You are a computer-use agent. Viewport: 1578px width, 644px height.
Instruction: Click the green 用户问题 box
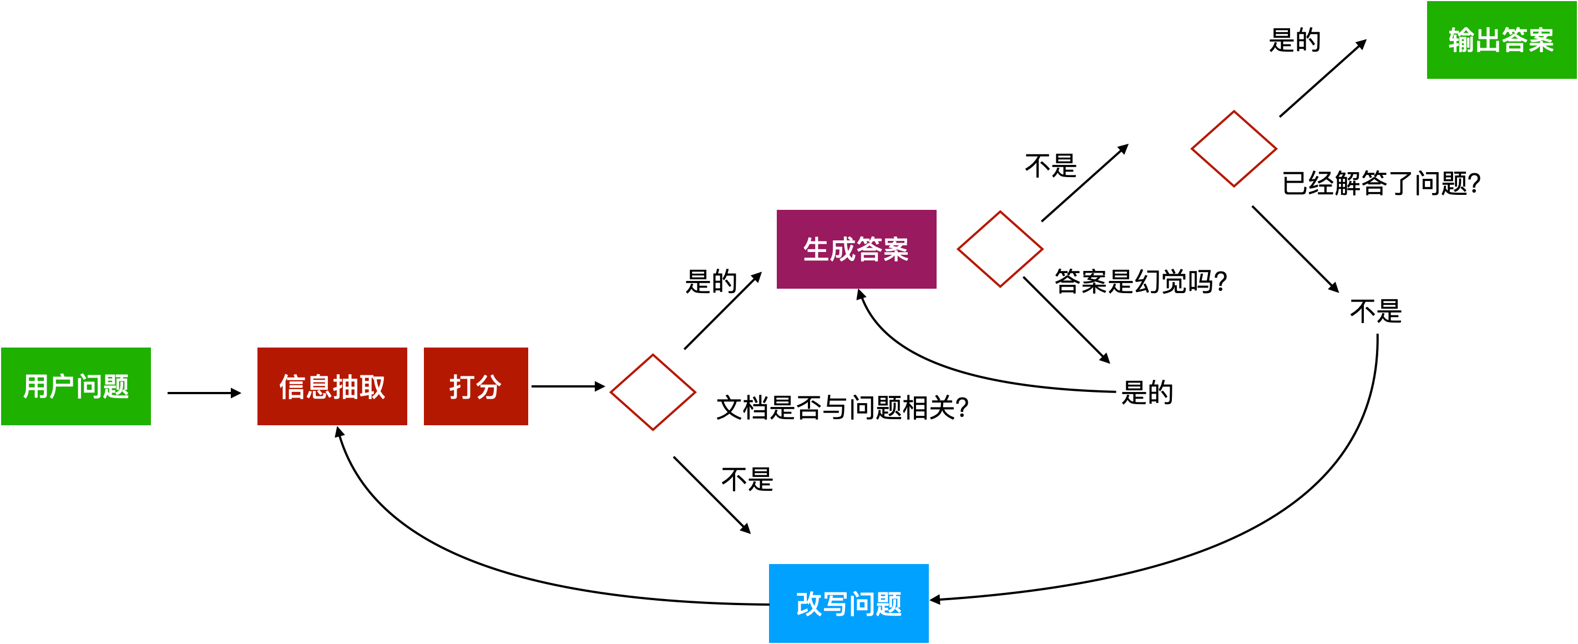click(x=76, y=386)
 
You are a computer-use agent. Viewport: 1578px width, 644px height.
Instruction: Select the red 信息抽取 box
click(x=332, y=386)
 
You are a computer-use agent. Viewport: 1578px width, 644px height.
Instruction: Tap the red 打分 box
click(x=476, y=386)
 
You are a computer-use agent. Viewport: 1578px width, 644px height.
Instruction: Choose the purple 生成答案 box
click(x=856, y=249)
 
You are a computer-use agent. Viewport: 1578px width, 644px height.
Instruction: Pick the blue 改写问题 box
click(x=848, y=603)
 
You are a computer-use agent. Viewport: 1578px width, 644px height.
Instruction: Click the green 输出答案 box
click(x=1501, y=40)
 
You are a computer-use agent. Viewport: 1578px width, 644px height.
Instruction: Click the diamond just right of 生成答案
click(x=1000, y=249)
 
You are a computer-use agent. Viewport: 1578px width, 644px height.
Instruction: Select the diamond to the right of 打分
click(x=653, y=392)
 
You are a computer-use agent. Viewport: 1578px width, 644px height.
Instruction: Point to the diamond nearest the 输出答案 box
click(x=1234, y=149)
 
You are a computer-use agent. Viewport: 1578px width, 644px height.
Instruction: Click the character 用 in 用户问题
click(x=36, y=386)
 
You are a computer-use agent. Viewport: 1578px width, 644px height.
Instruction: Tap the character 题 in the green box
click(x=117, y=386)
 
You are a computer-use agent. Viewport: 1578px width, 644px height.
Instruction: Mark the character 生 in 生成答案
click(x=816, y=249)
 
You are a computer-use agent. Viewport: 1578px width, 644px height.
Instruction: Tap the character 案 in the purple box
click(x=896, y=249)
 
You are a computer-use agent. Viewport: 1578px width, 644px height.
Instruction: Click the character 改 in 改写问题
click(x=808, y=604)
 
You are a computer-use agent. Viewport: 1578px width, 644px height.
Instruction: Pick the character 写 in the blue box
click(x=835, y=604)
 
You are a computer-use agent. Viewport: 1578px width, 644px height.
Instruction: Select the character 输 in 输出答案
click(x=1461, y=41)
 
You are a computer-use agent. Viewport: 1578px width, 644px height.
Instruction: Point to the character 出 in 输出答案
click(x=1488, y=41)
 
